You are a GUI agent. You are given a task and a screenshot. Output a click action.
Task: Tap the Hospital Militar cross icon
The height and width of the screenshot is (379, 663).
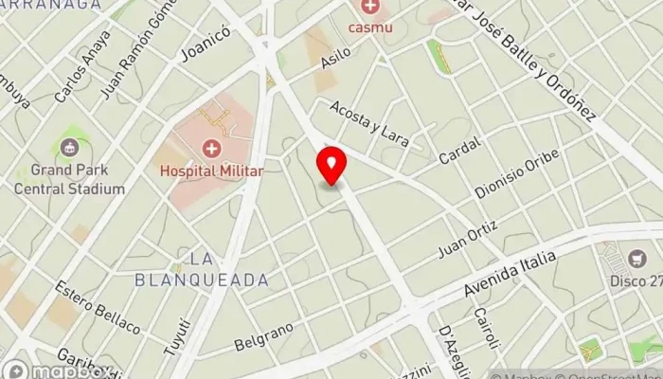[x=210, y=149]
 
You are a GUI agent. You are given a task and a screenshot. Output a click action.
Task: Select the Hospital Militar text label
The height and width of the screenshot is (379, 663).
[x=210, y=171]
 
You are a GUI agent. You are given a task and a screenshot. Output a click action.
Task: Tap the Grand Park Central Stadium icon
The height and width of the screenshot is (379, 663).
[x=69, y=148]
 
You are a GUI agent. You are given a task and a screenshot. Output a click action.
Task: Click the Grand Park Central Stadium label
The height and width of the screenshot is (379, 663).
[x=69, y=180]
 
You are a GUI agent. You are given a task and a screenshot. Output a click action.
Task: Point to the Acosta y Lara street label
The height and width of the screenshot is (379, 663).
[x=369, y=123]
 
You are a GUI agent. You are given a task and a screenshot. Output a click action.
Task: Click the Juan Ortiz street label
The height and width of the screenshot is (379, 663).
[x=468, y=238]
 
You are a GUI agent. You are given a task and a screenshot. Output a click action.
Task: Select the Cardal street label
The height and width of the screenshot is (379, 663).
[x=460, y=150]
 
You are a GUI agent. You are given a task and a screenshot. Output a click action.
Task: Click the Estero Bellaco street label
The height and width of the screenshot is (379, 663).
[x=98, y=307]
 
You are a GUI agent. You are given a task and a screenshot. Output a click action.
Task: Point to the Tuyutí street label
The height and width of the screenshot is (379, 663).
[x=176, y=336]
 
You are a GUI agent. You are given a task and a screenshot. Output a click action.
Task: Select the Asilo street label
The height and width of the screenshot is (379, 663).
[x=335, y=58]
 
